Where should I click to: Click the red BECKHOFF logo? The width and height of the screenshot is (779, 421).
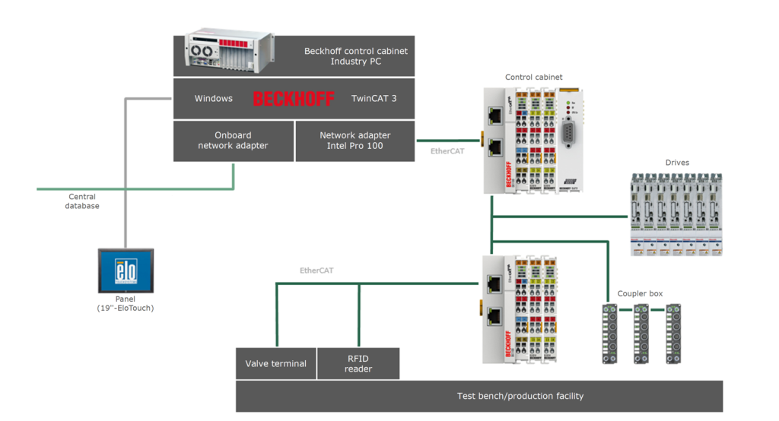[x=294, y=99]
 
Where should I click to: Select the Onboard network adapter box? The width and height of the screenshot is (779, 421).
[x=233, y=141]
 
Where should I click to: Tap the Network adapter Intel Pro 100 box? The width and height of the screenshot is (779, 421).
[x=355, y=141]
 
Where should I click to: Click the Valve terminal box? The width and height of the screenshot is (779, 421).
[x=275, y=364]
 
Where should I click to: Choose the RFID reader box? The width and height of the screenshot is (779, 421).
[x=358, y=364]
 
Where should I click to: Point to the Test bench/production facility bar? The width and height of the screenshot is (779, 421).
[x=520, y=396]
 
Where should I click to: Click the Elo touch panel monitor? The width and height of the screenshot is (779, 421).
[x=126, y=271]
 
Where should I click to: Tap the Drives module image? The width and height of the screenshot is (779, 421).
[x=676, y=214]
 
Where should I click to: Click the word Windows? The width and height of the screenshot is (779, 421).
[x=214, y=99]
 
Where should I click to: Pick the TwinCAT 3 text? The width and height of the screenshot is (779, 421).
[x=374, y=99]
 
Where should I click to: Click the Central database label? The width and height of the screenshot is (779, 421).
[x=82, y=201]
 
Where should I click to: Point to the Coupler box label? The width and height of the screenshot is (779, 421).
[x=640, y=293]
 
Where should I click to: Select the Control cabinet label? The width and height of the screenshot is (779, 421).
[x=534, y=77]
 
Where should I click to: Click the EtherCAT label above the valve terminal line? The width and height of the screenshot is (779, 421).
[x=316, y=270]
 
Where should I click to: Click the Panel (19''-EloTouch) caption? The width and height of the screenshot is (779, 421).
[x=126, y=303]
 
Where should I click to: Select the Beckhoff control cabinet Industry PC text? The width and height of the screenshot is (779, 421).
[x=355, y=56]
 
